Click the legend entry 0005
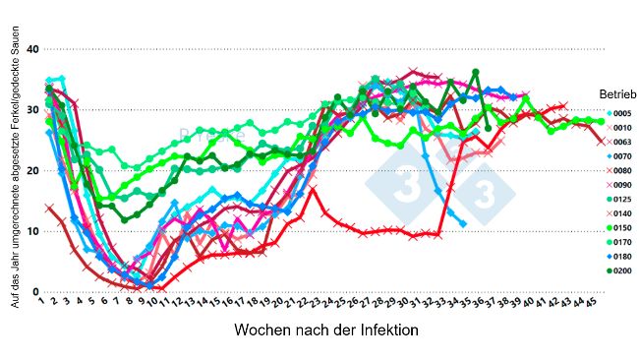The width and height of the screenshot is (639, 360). (617, 113)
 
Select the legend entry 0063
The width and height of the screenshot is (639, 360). (617, 142)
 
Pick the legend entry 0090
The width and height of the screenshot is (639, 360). (617, 184)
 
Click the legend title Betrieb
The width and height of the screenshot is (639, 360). (615, 92)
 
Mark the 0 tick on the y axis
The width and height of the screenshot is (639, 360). (35, 292)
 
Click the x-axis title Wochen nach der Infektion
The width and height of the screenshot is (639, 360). (326, 331)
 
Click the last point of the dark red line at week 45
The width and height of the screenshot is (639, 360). (601, 141)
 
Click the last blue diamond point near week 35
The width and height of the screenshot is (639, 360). (463, 224)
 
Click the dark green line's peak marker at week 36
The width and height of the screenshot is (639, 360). (476, 72)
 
